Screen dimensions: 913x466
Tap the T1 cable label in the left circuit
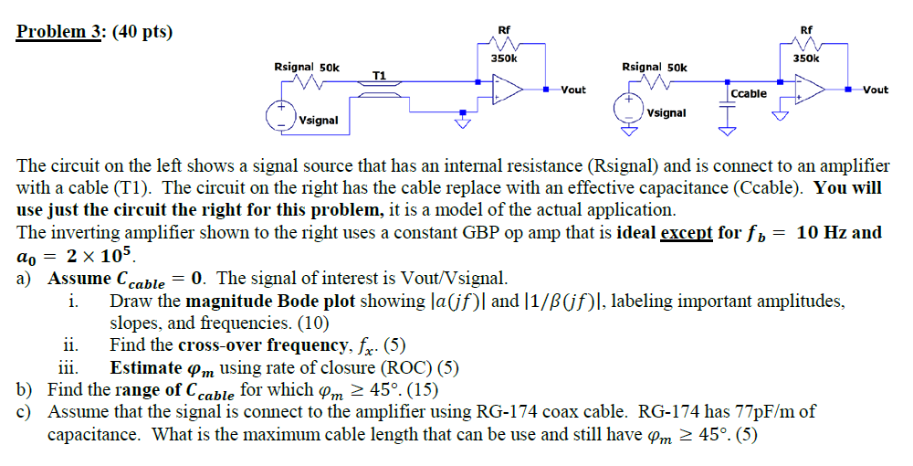click(379, 75)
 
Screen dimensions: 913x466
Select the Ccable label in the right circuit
click(749, 94)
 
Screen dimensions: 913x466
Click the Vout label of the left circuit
click(573, 90)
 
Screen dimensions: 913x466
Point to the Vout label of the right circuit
click(876, 90)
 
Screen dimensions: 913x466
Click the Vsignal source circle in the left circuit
click(278, 117)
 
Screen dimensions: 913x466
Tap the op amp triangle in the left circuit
click(507, 90)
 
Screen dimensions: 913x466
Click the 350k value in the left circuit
click(503, 58)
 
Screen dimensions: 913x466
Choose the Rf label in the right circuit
click(806, 30)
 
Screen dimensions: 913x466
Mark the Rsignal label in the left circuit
click(294, 68)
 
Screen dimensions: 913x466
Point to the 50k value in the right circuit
click(677, 68)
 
